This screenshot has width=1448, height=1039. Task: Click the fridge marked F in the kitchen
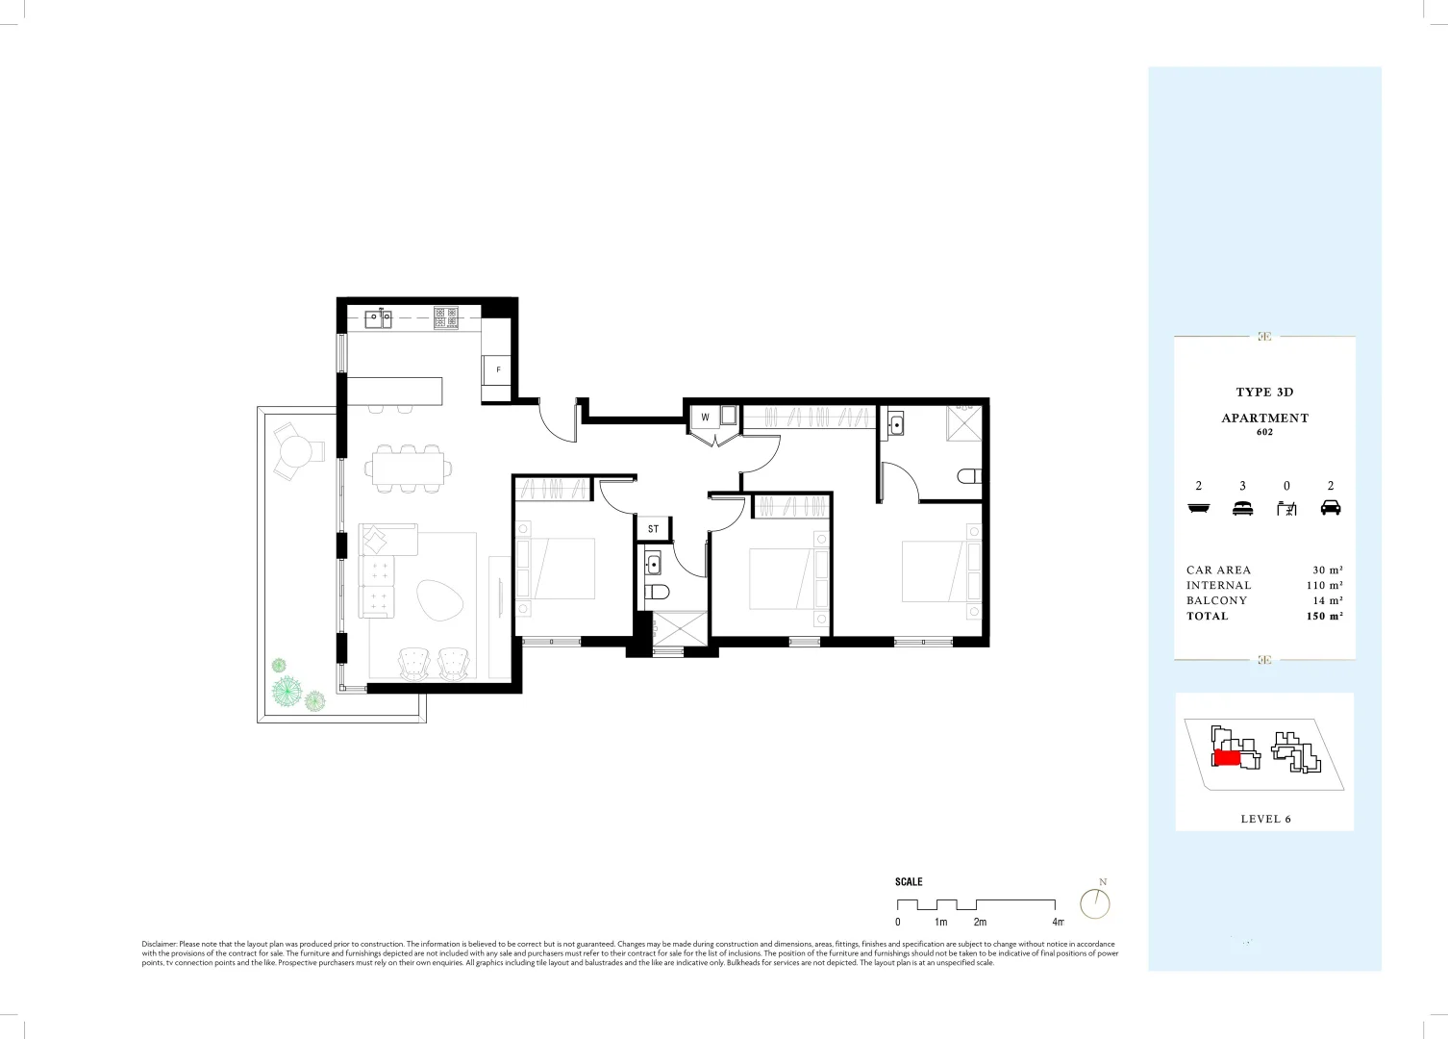497,370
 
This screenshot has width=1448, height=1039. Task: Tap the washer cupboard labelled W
705,418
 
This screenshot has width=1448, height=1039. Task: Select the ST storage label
653,529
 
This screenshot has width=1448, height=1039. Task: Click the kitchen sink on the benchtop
378,318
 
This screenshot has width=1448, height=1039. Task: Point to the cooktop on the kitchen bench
446,317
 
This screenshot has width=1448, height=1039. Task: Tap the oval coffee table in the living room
439,599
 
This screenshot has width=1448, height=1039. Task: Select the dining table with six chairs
409,469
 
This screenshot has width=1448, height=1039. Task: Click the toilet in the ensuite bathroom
970,476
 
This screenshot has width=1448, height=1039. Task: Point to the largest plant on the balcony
287,690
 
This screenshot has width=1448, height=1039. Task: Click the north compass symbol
1095,902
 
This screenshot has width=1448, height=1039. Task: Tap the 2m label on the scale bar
979,922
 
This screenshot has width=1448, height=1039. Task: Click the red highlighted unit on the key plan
1226,758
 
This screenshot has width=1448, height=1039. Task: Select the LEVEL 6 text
1265,819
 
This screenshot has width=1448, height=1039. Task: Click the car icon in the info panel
1331,508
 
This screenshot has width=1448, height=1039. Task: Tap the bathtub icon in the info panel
1198,508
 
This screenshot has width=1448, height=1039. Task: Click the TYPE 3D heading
1264,392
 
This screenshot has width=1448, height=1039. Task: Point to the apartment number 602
1264,432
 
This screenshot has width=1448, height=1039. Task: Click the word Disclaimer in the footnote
159,945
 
